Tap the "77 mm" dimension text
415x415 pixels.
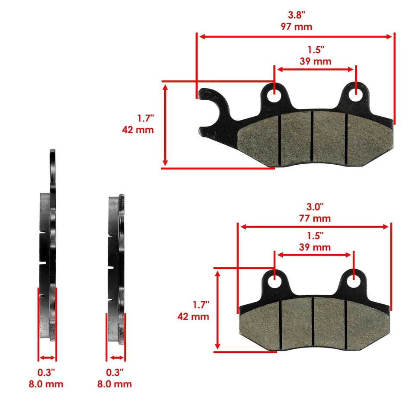coord(314,218)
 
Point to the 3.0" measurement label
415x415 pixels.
coord(314,207)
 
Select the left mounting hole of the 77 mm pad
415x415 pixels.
coord(274,281)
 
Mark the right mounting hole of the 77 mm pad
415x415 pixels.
coord(354,281)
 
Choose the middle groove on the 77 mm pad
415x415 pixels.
coord(312,323)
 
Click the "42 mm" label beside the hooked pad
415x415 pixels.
coord(138,129)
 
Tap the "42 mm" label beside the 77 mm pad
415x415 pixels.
coord(193,316)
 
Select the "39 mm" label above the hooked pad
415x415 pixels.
coord(315,61)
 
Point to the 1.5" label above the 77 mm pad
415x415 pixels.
coord(314,236)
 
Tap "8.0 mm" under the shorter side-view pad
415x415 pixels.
coord(115,384)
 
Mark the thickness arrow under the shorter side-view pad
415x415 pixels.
coord(116,358)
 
